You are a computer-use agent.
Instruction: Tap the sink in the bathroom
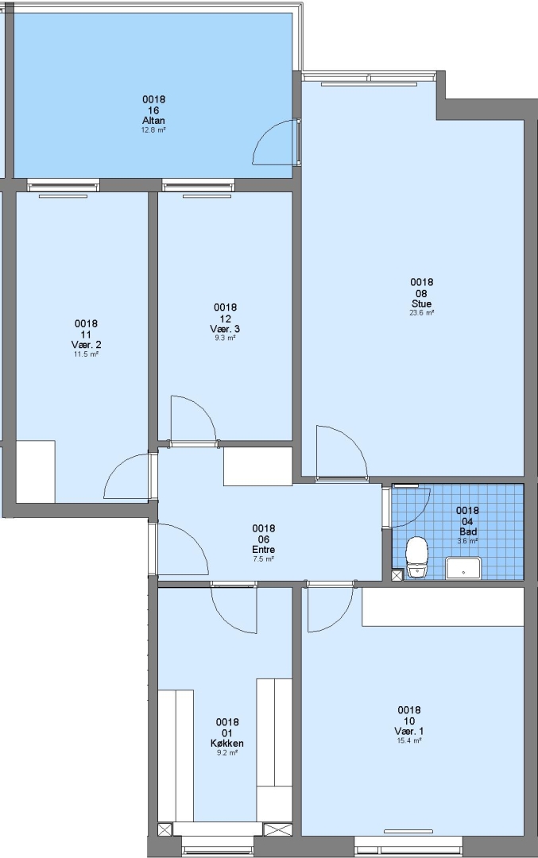pos(463,568)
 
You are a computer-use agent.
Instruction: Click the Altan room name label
pos(154,121)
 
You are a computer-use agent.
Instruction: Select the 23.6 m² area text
pos(421,313)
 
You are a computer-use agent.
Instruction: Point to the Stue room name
pos(421,303)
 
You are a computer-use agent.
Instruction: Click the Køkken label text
pos(227,743)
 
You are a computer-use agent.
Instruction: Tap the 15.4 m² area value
pos(408,741)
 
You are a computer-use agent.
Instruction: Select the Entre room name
pos(263,550)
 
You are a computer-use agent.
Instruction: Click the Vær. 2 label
pos(86,345)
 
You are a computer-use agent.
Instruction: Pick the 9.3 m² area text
pos(225,338)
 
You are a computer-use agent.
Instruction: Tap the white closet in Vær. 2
pos(36,471)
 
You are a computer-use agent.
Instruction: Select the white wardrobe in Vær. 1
pos(443,607)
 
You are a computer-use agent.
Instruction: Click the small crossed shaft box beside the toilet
pos(397,574)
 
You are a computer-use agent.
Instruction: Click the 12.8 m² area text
pos(154,130)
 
